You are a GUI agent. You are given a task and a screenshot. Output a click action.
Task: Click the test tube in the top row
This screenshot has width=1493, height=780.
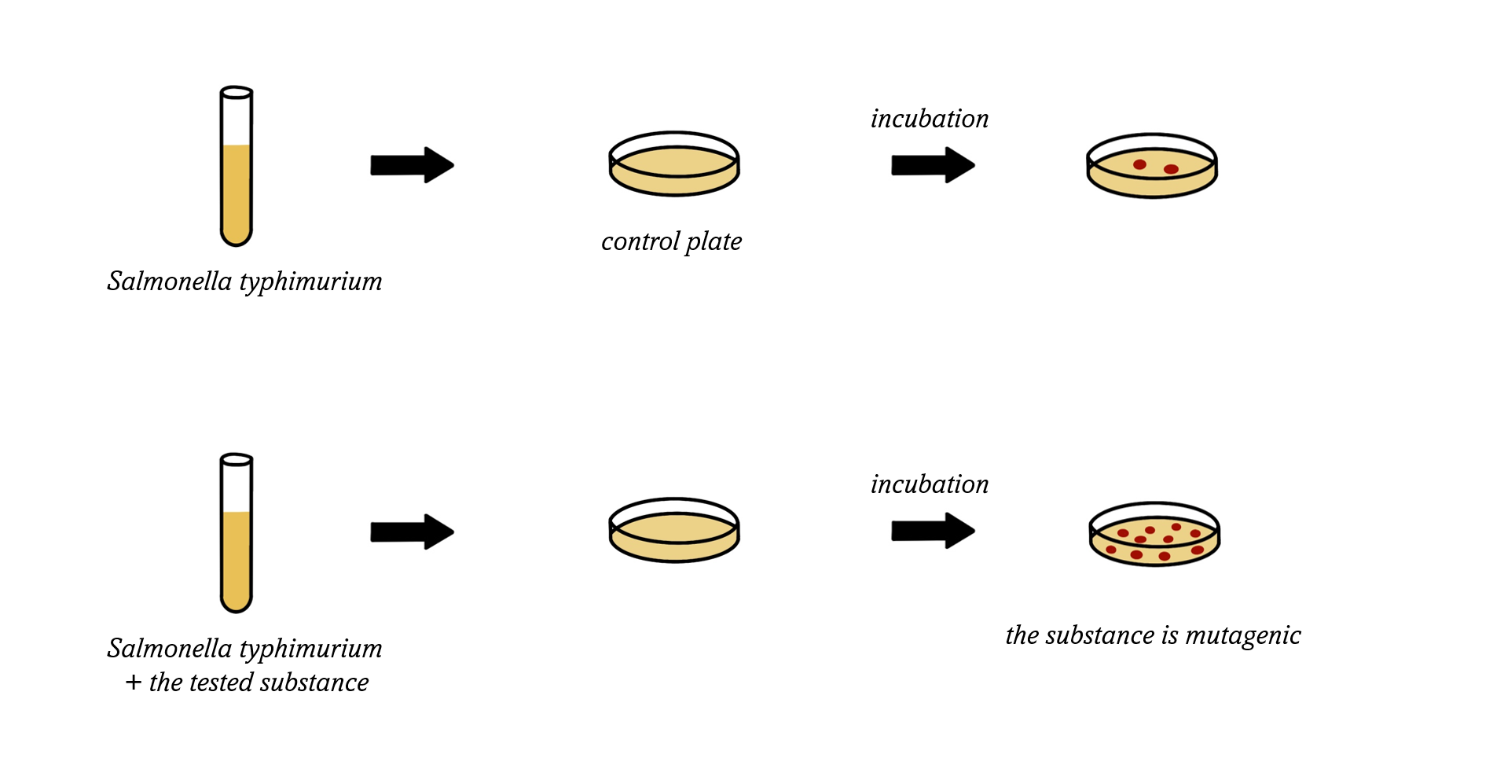[236, 166]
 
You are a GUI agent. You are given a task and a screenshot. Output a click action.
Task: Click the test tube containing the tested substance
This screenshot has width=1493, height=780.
[236, 533]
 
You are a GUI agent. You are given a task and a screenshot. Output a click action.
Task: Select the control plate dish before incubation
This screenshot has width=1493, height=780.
[674, 164]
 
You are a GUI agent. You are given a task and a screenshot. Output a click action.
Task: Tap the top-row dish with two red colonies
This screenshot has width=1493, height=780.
[1152, 165]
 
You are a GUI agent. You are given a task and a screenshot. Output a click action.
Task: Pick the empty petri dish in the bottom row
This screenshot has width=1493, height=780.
[674, 530]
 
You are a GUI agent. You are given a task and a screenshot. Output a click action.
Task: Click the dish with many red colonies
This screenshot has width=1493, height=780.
[1154, 534]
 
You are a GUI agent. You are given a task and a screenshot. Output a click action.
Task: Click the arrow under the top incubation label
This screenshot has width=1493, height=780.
[933, 165]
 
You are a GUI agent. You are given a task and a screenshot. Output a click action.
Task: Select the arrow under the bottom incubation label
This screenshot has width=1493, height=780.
[933, 531]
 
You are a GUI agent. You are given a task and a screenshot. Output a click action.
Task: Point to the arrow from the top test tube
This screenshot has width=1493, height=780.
[412, 165]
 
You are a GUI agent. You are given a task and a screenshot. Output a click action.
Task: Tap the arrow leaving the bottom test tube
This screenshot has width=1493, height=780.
[412, 532]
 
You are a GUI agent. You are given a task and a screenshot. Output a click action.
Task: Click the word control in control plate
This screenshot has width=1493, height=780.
[640, 241]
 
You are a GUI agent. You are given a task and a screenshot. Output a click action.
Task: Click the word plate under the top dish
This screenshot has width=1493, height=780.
[713, 242]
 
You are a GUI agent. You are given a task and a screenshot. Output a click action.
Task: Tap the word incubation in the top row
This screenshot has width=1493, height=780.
[930, 119]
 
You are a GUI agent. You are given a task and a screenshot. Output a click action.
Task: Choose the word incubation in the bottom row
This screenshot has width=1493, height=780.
[930, 484]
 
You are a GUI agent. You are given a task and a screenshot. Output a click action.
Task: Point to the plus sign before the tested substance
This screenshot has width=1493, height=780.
[134, 682]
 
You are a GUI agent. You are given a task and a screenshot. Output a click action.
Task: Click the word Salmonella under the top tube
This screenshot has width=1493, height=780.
[170, 281]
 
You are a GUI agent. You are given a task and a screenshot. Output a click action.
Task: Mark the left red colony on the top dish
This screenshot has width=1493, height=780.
[1139, 164]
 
